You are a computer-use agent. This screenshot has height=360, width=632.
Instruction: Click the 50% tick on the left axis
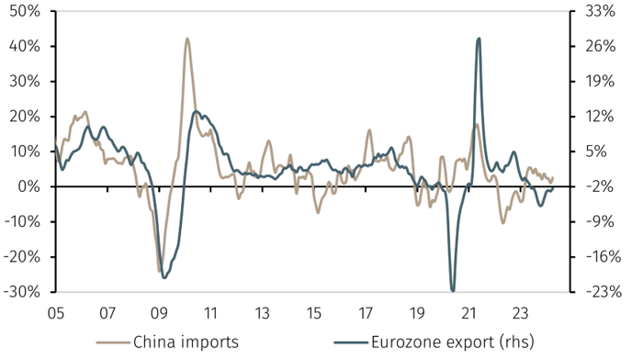(26, 12)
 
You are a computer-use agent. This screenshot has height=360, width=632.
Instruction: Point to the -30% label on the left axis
(24, 291)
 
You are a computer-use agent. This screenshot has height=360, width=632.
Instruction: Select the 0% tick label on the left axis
(30, 186)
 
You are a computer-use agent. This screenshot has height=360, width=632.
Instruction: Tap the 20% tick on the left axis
(26, 117)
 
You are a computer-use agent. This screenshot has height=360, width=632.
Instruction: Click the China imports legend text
(186, 343)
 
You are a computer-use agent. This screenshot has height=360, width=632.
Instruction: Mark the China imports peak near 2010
(187, 39)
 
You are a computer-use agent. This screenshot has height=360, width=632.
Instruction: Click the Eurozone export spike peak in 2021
(479, 39)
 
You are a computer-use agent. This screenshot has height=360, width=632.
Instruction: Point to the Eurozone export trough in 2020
(453, 289)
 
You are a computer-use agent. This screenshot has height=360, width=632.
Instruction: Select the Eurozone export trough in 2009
(164, 276)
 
